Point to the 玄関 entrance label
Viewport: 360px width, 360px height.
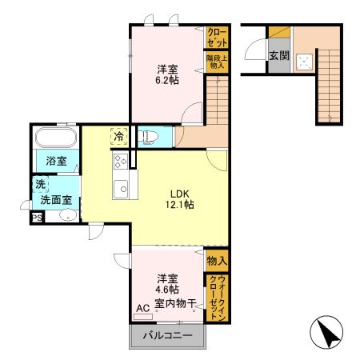point(279,56)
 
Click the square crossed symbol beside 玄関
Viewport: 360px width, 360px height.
point(305,60)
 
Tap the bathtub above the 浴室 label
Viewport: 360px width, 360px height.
point(55,137)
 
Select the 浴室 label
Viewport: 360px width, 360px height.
point(55,161)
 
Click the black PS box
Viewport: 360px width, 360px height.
point(37,218)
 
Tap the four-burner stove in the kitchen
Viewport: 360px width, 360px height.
point(121,162)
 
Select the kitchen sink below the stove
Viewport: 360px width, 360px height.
point(122,190)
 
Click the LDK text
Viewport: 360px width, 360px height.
point(179,192)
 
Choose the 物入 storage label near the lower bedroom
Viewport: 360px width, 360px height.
point(217,260)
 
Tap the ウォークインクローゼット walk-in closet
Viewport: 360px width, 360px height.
point(217,298)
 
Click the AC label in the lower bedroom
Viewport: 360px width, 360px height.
point(142,306)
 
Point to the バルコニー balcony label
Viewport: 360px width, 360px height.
point(167,337)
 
